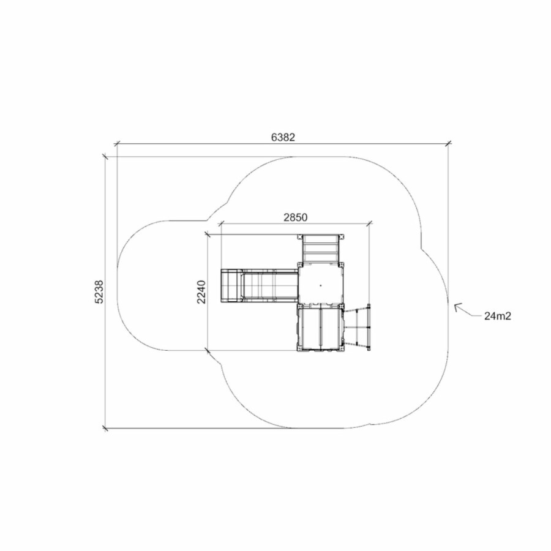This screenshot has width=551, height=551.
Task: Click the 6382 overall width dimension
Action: click(x=283, y=137)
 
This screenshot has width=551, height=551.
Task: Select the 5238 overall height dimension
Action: click(x=99, y=291)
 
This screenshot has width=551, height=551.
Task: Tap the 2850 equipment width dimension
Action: click(x=295, y=217)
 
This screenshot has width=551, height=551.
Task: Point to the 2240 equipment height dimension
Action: click(x=201, y=291)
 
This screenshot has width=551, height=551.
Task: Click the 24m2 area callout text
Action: click(x=498, y=316)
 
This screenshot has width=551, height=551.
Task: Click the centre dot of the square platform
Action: click(x=320, y=285)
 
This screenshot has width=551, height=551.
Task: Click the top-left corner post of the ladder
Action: click(x=300, y=236)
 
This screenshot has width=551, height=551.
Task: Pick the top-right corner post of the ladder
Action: click(x=341, y=236)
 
